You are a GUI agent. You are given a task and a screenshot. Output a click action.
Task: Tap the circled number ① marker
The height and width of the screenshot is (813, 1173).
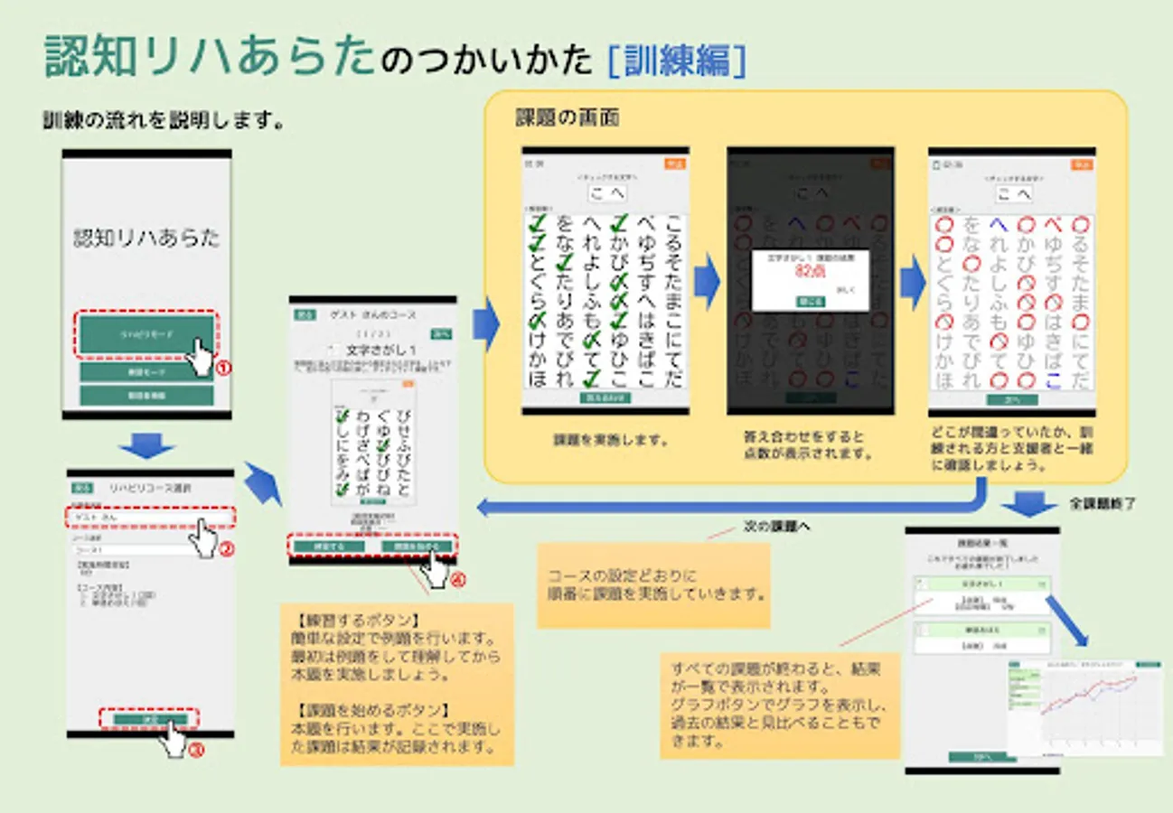[x=222, y=368]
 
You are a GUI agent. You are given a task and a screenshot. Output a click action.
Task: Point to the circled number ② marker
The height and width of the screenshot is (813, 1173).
[x=229, y=547]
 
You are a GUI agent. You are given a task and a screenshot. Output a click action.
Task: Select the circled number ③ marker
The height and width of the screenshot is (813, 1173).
[x=194, y=750]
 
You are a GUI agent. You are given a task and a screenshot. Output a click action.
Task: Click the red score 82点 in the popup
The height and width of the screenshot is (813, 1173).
[x=811, y=271]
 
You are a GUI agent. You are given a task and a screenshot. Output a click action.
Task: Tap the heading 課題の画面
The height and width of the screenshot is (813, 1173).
[x=567, y=118]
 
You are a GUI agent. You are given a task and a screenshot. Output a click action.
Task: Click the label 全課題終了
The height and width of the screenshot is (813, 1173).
[x=1103, y=502]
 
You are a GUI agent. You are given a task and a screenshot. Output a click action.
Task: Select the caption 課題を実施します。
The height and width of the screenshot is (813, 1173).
[x=611, y=441]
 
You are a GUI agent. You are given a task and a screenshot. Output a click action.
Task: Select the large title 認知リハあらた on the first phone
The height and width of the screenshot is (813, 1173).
[x=146, y=238]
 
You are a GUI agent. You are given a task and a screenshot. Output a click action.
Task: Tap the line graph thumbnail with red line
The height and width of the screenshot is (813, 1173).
[x=1084, y=705]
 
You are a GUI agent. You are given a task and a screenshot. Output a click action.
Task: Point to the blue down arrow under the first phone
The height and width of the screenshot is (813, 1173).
[x=145, y=444]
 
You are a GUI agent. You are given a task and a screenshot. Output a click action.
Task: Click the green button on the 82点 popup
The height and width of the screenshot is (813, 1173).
[x=811, y=301]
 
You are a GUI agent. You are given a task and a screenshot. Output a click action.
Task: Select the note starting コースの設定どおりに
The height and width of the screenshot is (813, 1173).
[x=653, y=585]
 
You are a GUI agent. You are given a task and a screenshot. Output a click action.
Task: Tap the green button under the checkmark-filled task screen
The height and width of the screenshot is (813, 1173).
[x=605, y=397]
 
